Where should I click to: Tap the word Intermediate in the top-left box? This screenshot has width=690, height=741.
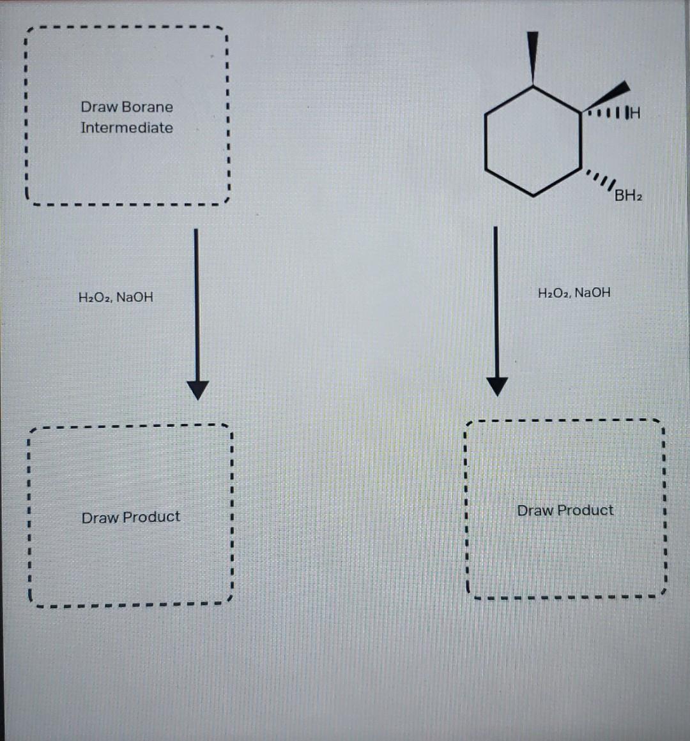126,128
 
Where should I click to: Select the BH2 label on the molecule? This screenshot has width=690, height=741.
628,195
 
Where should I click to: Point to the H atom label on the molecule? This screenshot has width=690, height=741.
634,114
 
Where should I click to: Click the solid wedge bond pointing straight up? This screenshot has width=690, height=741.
533,57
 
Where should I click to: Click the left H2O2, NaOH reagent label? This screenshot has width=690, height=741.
116,297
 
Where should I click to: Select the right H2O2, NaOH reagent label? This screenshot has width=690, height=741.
574,293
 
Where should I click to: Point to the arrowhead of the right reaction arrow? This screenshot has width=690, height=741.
497,385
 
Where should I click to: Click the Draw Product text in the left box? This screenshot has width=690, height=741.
131,517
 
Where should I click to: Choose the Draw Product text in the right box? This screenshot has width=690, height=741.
565,511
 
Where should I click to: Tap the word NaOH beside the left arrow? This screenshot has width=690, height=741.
135,297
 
